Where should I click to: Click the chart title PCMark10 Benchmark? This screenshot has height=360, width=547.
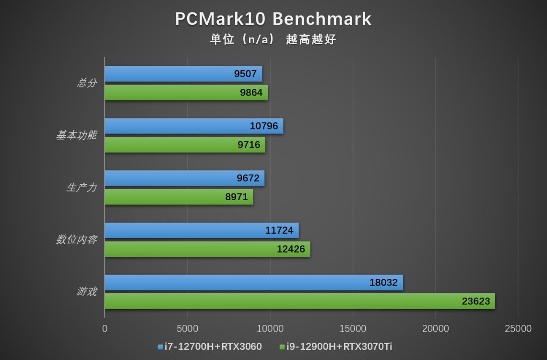[273, 19]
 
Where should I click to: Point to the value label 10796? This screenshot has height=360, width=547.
[264, 126]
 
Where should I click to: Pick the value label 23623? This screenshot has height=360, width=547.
[476, 301]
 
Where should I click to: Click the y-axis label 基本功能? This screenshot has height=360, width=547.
[76, 135]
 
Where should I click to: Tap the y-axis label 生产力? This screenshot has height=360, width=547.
[82, 188]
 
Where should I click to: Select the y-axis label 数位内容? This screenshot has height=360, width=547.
[76, 240]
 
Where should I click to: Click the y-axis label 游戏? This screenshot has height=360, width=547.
[87, 291]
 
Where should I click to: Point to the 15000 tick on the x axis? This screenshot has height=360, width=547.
[353, 329]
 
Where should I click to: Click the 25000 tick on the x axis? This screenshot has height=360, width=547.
[518, 329]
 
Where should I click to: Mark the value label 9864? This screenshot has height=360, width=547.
[251, 93]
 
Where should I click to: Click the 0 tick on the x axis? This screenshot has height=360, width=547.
[105, 329]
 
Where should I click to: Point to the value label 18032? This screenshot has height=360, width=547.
[383, 283]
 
